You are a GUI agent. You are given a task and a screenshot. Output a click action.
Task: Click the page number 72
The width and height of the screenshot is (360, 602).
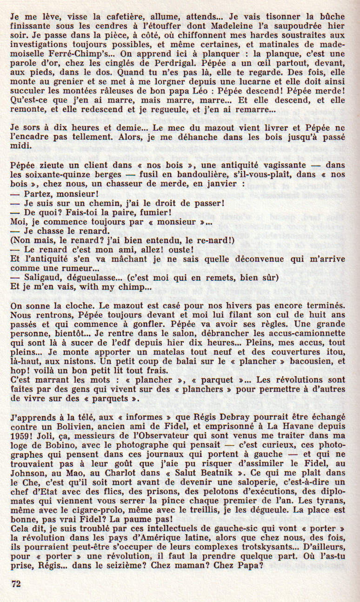(x=16, y=584)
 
